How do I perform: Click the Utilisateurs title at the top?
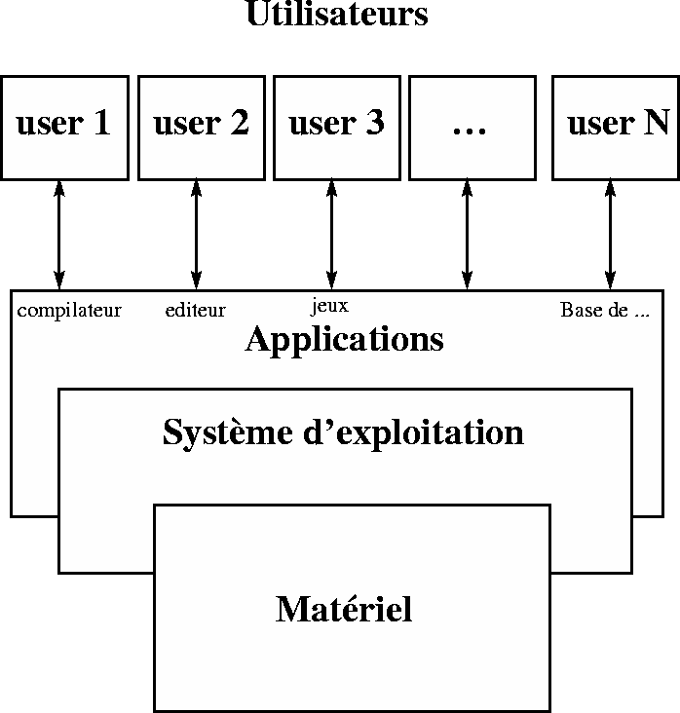337,15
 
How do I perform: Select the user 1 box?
64,128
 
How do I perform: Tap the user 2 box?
201,128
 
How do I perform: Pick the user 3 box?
336,128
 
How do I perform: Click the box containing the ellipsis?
472,128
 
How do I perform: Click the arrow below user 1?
59,235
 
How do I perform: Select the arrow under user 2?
196,235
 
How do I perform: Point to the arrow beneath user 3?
331,235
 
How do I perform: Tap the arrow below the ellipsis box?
467,235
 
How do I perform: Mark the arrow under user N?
611,235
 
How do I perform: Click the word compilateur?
69,311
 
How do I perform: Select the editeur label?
195,311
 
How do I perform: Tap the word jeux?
329,307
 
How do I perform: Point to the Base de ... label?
605,311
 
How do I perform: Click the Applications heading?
344,340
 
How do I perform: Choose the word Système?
220,432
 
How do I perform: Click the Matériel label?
344,610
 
